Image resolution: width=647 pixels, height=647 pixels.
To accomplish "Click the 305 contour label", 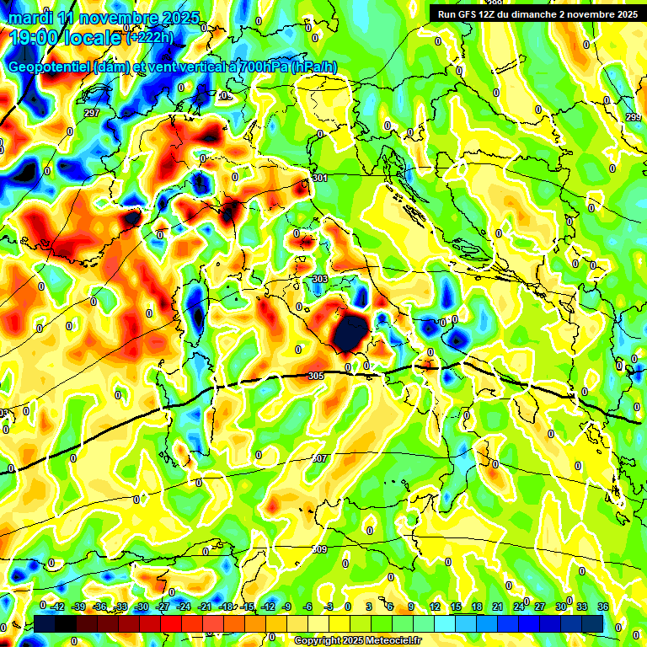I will tap(316, 376).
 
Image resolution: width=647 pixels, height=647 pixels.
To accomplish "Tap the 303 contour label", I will tap(319, 279).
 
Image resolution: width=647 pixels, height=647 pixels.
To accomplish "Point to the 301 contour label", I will tap(319, 179).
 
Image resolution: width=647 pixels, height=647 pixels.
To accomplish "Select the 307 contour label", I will tap(319, 458).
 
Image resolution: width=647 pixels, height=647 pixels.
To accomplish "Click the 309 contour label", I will tap(319, 549).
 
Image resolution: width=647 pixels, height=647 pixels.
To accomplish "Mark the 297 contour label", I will tap(92, 113).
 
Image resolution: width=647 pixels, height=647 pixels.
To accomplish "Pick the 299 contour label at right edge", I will tap(634, 117).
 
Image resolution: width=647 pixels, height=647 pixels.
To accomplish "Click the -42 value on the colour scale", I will tap(57, 607).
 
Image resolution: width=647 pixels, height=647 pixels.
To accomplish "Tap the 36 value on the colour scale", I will tap(602, 607).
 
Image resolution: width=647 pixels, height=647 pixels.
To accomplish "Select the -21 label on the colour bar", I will tap(205, 607).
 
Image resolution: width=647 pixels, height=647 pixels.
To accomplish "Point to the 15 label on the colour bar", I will tap(456, 607).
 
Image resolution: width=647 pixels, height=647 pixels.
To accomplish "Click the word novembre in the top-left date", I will tap(119, 18).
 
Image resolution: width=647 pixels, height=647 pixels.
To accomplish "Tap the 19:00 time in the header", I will tap(33, 37).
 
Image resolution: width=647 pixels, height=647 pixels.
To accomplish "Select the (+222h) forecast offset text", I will tap(150, 37).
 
